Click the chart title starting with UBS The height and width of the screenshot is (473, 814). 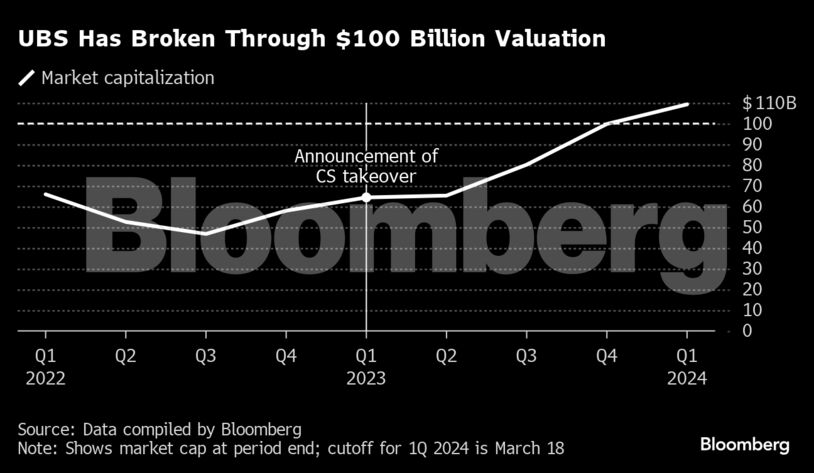[311, 40]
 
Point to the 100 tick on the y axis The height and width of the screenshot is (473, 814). [757, 124]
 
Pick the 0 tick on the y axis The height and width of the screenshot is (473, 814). [748, 331]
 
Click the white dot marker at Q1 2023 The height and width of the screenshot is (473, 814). [366, 198]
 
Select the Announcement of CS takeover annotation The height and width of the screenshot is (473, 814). [366, 167]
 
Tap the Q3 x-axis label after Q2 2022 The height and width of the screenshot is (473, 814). [205, 355]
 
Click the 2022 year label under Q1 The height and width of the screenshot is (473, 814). [45, 378]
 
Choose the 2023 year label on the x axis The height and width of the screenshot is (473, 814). [366, 378]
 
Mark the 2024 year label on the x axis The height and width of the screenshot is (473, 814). [687, 378]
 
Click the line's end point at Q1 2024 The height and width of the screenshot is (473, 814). [687, 104]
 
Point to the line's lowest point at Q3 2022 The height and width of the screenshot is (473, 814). [205, 233]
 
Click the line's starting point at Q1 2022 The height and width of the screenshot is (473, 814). [45, 194]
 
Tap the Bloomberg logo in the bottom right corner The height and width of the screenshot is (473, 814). [745, 443]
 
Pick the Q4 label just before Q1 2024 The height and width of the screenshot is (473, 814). [607, 355]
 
